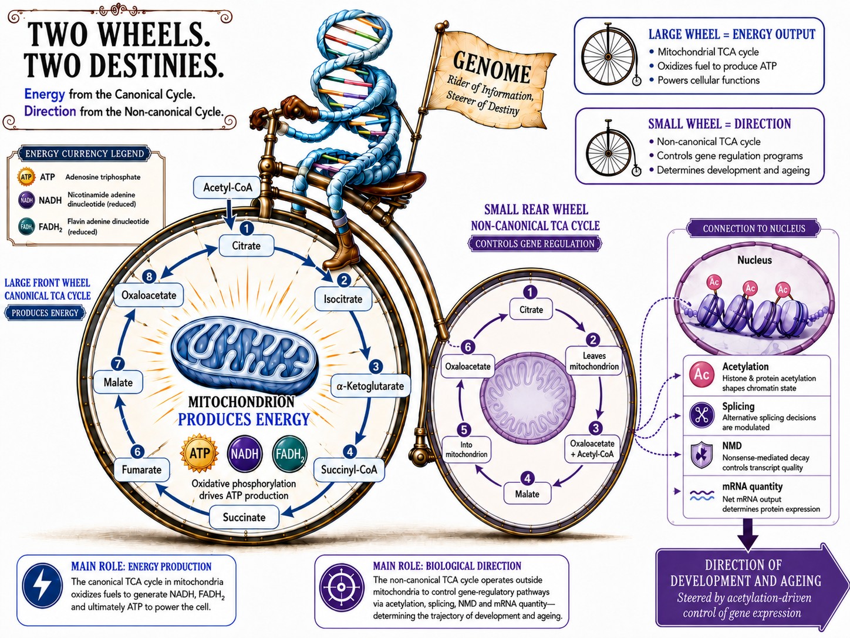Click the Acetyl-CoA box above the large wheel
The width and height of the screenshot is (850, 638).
point(228,187)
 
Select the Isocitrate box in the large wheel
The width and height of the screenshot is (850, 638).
point(343,298)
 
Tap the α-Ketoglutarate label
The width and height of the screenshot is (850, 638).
point(370,386)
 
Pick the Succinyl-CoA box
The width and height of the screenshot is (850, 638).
point(349,469)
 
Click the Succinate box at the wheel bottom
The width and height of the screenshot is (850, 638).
point(244,518)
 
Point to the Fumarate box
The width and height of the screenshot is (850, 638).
point(141,470)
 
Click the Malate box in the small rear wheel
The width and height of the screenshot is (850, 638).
point(527,494)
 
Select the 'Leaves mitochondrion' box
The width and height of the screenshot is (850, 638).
point(594,361)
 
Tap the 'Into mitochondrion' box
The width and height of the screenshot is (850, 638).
point(466,449)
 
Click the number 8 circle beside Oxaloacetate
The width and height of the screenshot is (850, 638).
point(149,276)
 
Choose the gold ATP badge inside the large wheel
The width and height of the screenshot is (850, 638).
point(200,453)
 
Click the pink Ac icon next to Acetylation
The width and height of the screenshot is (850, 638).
point(701,375)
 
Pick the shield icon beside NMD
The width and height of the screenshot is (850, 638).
point(701,455)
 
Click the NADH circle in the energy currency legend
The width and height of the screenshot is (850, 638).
point(27,200)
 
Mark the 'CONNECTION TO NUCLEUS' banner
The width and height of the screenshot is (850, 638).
point(754,229)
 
